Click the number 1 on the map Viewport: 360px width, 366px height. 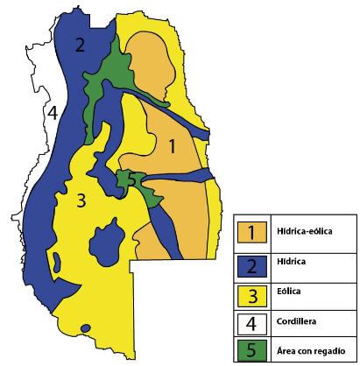coord(173,147)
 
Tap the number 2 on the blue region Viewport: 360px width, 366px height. coord(80,46)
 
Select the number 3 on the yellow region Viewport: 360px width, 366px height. coord(81,201)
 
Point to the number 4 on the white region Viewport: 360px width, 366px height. coord(53,113)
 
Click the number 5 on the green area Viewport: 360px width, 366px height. coord(132,179)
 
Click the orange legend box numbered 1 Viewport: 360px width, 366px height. coord(251,232)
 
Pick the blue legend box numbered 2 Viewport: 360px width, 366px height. coord(251,262)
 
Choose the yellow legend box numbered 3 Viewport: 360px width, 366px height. coord(251,292)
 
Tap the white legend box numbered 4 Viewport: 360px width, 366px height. coord(251,321)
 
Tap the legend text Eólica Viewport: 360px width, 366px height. coord(288,292)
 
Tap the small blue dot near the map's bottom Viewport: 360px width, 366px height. coord(85,329)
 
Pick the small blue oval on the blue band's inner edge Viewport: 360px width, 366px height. coord(55,261)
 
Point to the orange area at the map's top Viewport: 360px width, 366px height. coord(151,66)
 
